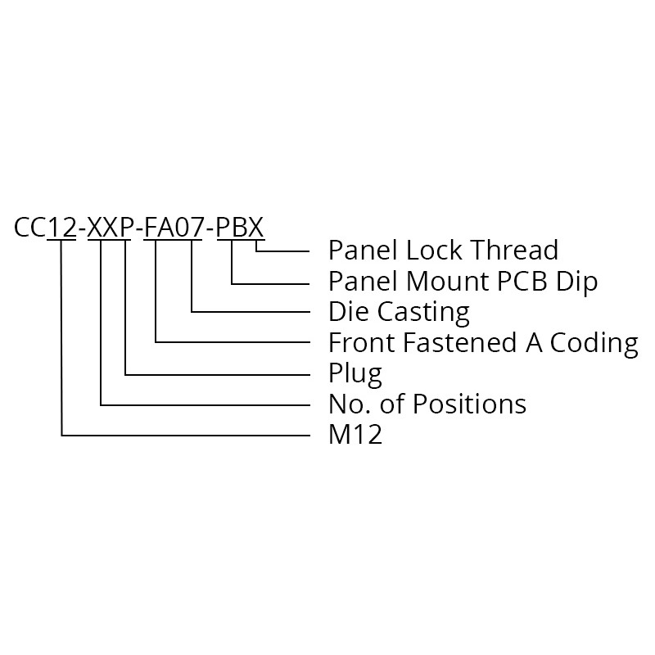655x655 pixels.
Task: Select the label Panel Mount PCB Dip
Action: (x=463, y=281)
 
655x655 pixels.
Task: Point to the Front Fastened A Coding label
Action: (x=483, y=342)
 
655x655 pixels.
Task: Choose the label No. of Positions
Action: (x=427, y=404)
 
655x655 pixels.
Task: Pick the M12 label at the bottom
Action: (x=355, y=435)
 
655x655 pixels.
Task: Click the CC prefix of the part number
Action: (x=30, y=227)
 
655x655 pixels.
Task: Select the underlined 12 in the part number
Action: (x=61, y=227)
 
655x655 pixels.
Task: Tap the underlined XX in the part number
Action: (x=100, y=227)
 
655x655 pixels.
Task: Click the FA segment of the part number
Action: (x=156, y=227)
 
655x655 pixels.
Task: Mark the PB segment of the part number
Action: (x=232, y=227)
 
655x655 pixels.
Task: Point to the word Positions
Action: (x=468, y=404)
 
